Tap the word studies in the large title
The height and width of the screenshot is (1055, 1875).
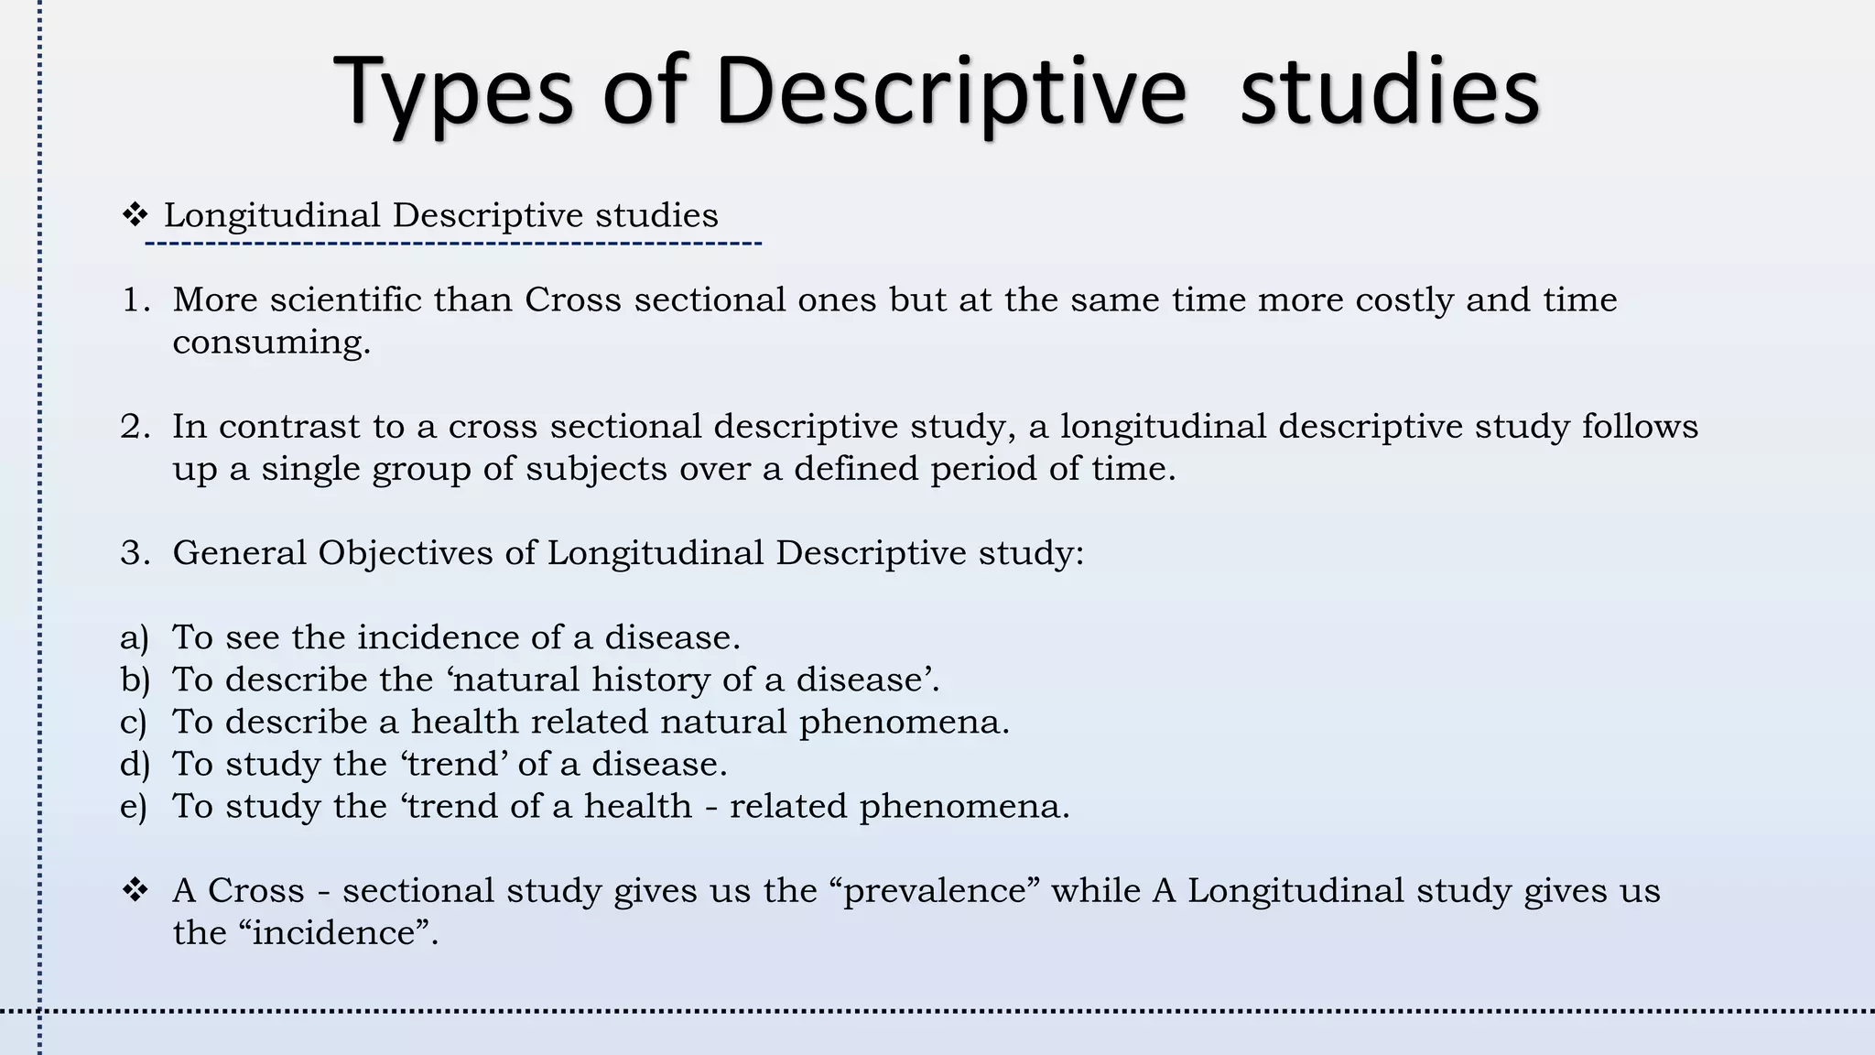pyautogui.click(x=1389, y=92)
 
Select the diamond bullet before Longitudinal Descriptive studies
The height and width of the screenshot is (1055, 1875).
pyautogui.click(x=135, y=216)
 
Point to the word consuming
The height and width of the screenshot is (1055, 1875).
pyautogui.click(x=271, y=343)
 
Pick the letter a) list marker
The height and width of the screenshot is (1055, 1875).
pyautogui.click(x=135, y=638)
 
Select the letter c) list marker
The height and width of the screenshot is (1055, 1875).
pyautogui.click(x=134, y=723)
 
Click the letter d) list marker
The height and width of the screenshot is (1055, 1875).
pyautogui.click(x=135, y=765)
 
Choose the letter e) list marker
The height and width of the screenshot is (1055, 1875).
pyautogui.click(x=134, y=807)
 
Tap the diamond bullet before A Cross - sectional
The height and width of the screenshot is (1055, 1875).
pyautogui.click(x=135, y=890)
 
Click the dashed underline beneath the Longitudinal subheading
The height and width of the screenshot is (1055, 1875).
pyautogui.click(x=453, y=244)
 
